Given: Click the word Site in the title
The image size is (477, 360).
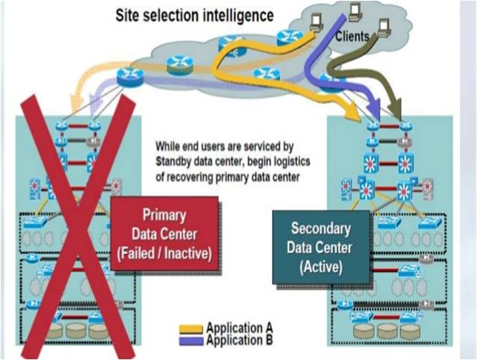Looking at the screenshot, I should point(130,15).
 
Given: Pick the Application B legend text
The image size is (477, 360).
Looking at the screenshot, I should point(239,340).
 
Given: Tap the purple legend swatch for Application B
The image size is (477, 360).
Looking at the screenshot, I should point(191,340).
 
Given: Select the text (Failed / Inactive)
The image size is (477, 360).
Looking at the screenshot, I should point(164,253).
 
